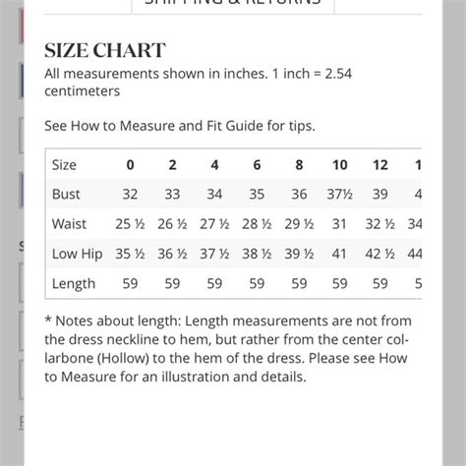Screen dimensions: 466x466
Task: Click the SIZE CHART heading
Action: pos(105,50)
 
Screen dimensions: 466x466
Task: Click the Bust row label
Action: pos(66,195)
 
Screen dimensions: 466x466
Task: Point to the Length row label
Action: pos(74,283)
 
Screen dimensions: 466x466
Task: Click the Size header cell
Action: pos(64,165)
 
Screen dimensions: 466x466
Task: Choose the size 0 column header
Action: pos(130,165)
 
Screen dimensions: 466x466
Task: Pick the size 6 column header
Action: pos(257,165)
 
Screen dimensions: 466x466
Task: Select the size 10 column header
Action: pos(340,165)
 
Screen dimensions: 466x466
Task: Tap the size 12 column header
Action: pos(380,165)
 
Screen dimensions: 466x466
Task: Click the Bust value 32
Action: pos(130,195)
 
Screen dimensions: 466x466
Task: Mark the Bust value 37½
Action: pos(340,195)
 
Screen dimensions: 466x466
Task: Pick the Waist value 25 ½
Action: pos(130,224)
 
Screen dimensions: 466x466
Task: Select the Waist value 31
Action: pos(340,224)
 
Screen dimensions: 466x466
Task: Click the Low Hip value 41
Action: pos(340,254)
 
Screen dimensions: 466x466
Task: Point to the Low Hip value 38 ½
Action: pos(257,254)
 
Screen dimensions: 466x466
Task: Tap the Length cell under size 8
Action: pos(299,283)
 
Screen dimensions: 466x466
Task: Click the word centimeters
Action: pos(83,91)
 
